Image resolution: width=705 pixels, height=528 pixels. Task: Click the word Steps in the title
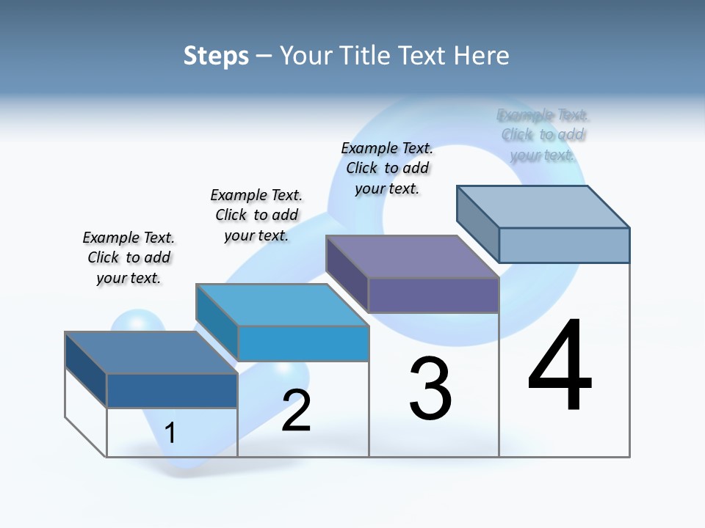(x=216, y=56)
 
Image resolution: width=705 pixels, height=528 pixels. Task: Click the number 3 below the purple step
(x=430, y=389)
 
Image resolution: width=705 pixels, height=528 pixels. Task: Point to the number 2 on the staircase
(x=297, y=411)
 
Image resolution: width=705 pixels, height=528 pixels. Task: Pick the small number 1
(x=170, y=433)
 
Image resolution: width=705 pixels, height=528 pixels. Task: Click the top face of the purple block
(x=411, y=257)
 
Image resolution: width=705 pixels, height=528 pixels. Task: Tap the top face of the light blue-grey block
(x=543, y=206)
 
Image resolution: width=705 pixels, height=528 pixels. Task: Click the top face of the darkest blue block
(x=151, y=353)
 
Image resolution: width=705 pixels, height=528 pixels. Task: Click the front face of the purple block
(x=433, y=295)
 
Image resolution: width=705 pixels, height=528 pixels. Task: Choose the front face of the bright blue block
(x=303, y=343)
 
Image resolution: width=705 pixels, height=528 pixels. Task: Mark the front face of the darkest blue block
(x=172, y=390)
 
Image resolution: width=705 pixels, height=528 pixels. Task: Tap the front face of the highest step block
(x=564, y=245)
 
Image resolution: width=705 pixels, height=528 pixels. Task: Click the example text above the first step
(x=129, y=257)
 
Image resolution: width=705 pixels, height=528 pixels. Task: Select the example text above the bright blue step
(x=256, y=215)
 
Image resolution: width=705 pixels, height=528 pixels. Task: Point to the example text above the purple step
(x=387, y=168)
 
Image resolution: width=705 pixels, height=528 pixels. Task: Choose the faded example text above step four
(x=543, y=135)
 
